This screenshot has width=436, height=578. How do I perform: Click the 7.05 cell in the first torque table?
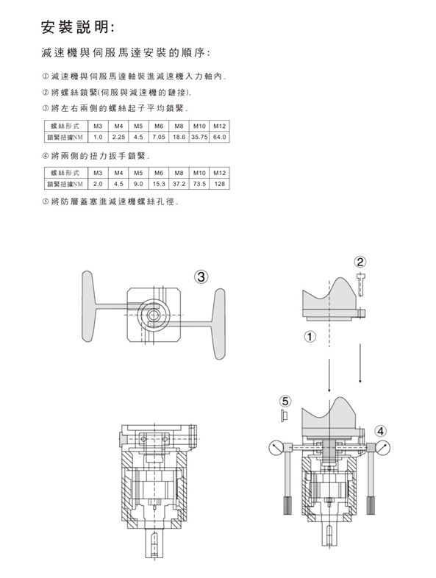coord(159,137)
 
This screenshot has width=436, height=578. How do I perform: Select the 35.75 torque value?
coord(199,137)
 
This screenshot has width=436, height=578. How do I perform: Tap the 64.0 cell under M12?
coord(219,137)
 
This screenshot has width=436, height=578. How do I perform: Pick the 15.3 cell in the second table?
coord(159,184)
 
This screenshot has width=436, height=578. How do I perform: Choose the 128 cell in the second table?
coord(219,184)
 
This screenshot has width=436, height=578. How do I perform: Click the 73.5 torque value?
coord(199,184)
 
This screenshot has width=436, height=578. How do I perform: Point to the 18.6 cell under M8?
coord(179,137)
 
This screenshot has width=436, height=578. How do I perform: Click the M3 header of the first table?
coord(98,126)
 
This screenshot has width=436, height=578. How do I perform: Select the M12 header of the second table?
coord(219,173)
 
